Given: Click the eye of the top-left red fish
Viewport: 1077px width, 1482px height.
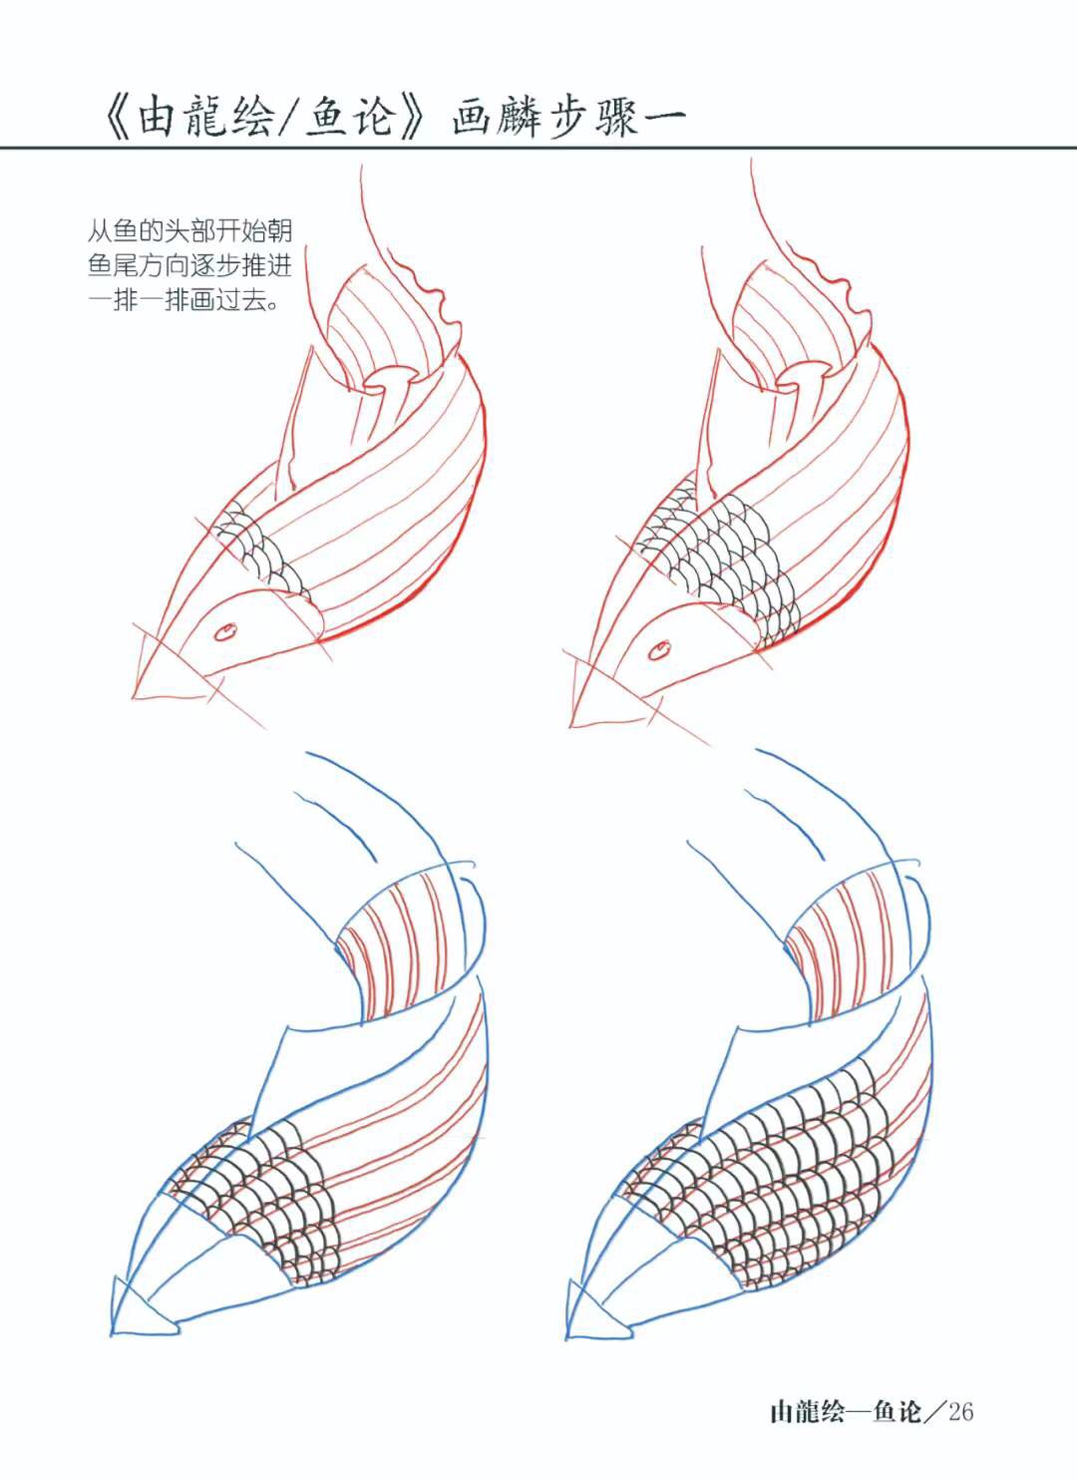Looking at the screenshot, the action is click(x=225, y=632).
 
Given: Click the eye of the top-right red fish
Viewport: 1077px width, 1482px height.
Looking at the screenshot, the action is click(x=659, y=651).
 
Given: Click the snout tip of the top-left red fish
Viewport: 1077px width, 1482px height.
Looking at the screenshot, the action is click(x=134, y=696).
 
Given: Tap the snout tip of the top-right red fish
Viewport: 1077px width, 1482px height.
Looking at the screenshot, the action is click(x=571, y=726).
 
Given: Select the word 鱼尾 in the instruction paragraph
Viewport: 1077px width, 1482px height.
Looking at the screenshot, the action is click(x=113, y=266).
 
